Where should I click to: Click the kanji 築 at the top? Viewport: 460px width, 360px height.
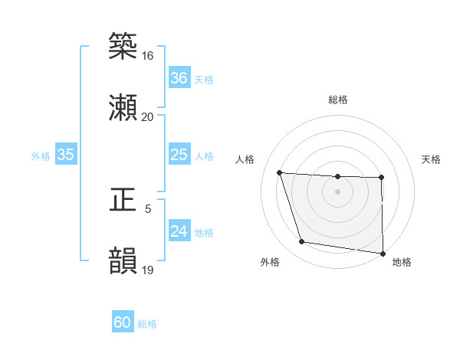coord(123,45)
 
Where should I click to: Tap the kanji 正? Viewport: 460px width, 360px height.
coord(123,198)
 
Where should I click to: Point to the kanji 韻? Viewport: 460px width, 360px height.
coord(123,260)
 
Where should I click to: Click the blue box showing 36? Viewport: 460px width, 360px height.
coord(179,78)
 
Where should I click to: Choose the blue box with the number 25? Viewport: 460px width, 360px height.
coord(179,155)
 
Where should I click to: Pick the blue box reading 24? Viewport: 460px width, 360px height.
coord(179,231)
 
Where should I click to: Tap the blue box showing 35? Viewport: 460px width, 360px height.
coord(65,155)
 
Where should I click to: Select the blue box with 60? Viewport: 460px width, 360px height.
coord(123,322)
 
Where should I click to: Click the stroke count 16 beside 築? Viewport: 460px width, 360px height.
coord(147,56)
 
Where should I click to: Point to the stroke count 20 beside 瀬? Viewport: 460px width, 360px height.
coord(147,117)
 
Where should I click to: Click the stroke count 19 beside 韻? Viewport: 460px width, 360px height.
coord(147,270)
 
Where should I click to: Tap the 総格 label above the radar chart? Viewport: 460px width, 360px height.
coord(337,100)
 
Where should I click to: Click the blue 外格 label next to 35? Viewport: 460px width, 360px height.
coord(41,155)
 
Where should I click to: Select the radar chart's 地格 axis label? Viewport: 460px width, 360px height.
coord(402,262)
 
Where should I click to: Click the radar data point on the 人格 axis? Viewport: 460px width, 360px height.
coord(280,172)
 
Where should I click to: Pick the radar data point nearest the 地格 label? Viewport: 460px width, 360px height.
coord(382,253)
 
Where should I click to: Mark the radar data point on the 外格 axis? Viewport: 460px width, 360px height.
coord(302,242)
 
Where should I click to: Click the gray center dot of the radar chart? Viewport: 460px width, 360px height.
coord(337,191)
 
